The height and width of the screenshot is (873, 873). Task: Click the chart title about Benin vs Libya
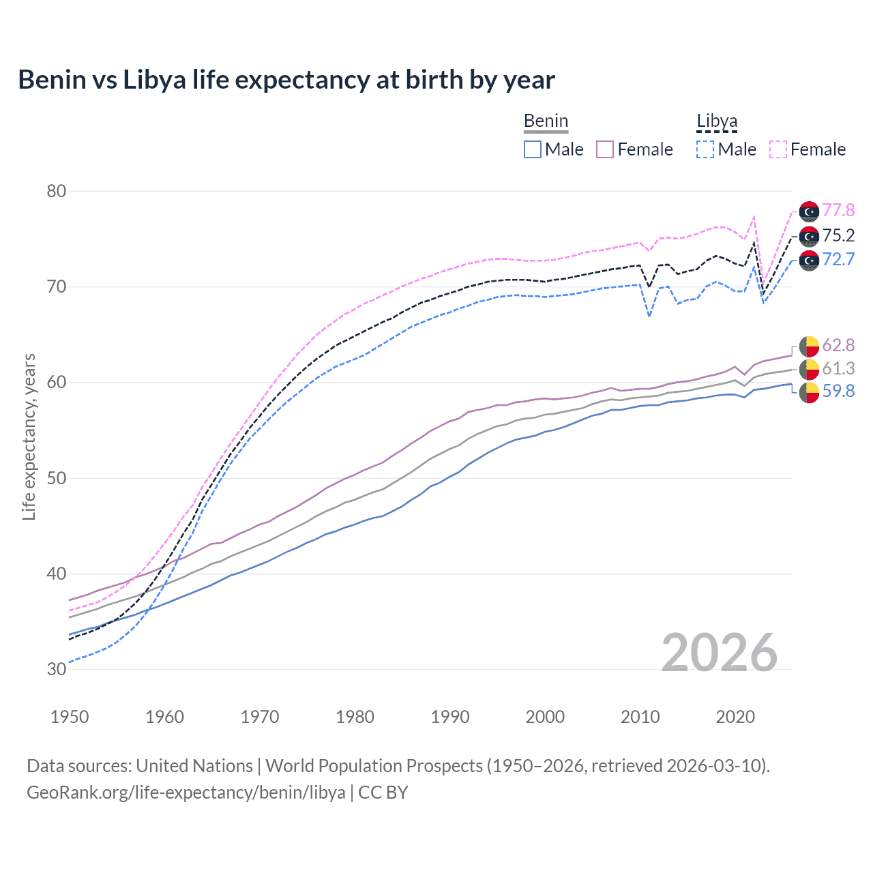[286, 80]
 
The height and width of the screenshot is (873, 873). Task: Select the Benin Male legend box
[533, 149]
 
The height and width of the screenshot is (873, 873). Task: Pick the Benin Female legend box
[605, 149]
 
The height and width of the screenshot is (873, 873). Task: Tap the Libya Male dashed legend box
[705, 149]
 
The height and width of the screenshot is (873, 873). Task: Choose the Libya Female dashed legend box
[778, 149]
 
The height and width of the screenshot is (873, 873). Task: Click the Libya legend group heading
[717, 121]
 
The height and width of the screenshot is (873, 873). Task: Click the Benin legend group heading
[546, 121]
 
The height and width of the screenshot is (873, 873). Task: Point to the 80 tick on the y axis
[57, 191]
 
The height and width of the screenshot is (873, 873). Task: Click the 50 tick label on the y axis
[57, 478]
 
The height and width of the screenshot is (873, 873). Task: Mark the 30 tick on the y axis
[57, 669]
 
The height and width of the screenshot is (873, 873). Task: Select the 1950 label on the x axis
[70, 717]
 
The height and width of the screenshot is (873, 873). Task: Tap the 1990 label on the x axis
[450, 717]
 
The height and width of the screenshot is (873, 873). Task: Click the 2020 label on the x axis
[735, 717]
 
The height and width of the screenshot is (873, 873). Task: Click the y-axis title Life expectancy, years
[29, 436]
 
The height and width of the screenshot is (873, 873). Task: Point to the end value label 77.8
[838, 211]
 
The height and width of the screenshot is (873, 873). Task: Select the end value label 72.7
[838, 259]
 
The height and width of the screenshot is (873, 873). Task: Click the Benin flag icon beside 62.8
[809, 346]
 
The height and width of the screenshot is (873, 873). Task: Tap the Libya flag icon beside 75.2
[809, 236]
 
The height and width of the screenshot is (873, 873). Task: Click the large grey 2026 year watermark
[720, 653]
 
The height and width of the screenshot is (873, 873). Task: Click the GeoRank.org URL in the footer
[186, 793]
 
